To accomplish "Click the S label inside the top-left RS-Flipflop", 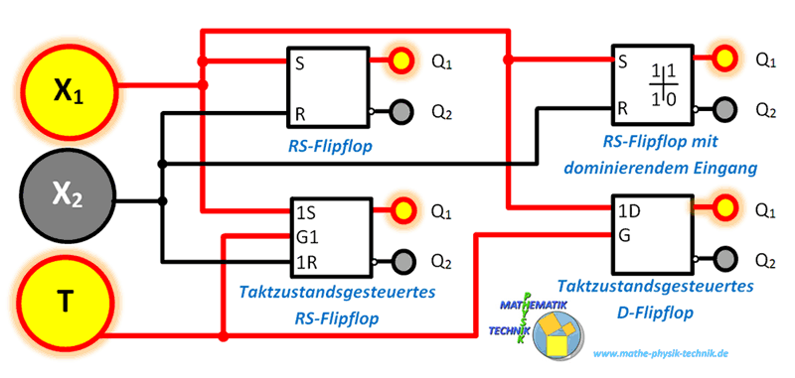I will tap(298, 63).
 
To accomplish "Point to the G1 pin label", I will tap(307, 238).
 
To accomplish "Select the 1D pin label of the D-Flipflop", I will tap(628, 212).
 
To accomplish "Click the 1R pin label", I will tap(307, 262).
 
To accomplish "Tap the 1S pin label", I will tap(307, 212).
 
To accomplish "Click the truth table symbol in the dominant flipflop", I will tap(663, 83).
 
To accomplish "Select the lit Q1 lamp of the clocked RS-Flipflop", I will tap(400, 210).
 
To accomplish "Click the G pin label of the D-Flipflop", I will tap(623, 237).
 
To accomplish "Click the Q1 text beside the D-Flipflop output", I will tap(765, 210).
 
